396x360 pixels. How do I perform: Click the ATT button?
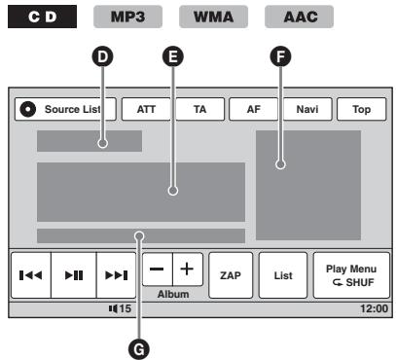pos(146,110)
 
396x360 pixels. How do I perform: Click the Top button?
pos(360,110)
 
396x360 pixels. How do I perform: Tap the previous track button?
pos(32,276)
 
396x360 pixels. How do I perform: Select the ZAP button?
pos(231,276)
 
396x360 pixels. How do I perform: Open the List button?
pos(283,276)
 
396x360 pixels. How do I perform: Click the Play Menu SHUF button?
pos(349,276)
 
